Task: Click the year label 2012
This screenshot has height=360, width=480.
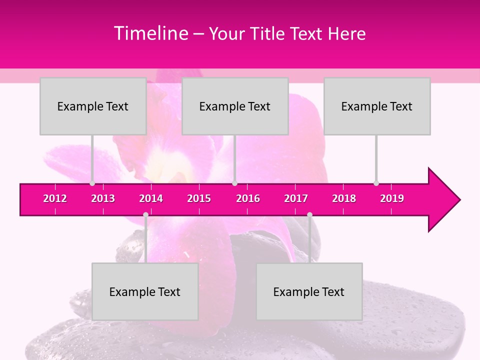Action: pyautogui.click(x=55, y=198)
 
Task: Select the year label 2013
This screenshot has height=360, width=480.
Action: pyautogui.click(x=103, y=198)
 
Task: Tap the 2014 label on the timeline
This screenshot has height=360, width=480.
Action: pyautogui.click(x=151, y=198)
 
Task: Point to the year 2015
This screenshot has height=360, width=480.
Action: pyautogui.click(x=199, y=198)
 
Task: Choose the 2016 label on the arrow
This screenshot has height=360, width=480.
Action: pyautogui.click(x=248, y=198)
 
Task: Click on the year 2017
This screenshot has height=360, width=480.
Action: pyautogui.click(x=296, y=198)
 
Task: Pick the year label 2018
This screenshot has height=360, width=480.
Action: pyautogui.click(x=344, y=198)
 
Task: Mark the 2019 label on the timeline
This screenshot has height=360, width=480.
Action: pyautogui.click(x=392, y=198)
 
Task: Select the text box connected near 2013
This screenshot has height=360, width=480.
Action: pyautogui.click(x=93, y=106)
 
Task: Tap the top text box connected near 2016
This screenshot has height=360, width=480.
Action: pyautogui.click(x=235, y=106)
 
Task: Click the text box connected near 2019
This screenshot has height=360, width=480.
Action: pyautogui.click(x=377, y=106)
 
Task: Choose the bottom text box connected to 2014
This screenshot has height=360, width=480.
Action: pyautogui.click(x=145, y=291)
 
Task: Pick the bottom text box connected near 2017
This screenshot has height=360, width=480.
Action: pyautogui.click(x=309, y=291)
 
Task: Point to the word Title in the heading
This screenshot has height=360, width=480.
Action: pyautogui.click(x=269, y=33)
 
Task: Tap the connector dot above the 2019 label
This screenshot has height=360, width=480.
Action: pyautogui.click(x=376, y=183)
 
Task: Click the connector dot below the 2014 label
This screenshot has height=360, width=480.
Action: pyautogui.click(x=145, y=214)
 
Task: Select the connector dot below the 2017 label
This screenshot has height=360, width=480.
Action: pyautogui.click(x=309, y=214)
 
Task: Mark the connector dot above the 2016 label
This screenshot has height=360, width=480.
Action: pyautogui.click(x=234, y=183)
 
